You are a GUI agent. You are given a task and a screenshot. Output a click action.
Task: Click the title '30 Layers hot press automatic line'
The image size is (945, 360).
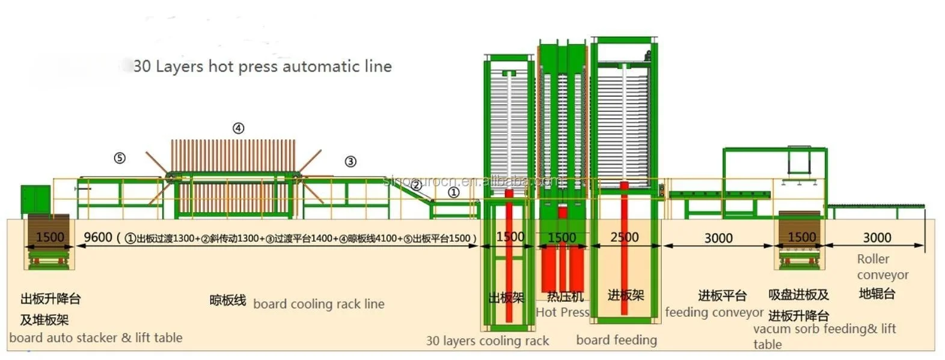click(x=263, y=66)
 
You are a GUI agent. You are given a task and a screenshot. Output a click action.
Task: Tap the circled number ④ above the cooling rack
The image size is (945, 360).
click(x=239, y=128)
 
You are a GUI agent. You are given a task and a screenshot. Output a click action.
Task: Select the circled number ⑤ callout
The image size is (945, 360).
click(x=120, y=158)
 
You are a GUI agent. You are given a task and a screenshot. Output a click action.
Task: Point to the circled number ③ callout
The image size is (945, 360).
click(x=350, y=161)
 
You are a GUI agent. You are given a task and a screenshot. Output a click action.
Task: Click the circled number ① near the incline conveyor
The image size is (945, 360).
click(x=453, y=192)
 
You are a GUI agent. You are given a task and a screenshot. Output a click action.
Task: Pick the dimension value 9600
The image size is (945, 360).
click(x=98, y=237)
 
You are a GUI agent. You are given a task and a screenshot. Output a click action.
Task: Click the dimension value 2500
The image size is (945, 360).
click(x=624, y=237)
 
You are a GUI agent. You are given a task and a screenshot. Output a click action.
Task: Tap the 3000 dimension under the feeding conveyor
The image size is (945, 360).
click(x=718, y=238)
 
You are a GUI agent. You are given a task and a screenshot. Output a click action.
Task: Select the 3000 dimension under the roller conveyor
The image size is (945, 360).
click(x=876, y=237)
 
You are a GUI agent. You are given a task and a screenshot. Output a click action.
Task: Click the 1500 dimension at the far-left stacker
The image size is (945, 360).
click(x=50, y=237)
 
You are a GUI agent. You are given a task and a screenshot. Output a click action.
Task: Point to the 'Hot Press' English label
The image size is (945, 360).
click(x=562, y=312)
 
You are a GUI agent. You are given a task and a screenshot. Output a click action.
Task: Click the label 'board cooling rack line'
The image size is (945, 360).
click(x=319, y=304)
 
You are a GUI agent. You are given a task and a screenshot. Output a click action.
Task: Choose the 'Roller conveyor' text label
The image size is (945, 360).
click(x=882, y=267)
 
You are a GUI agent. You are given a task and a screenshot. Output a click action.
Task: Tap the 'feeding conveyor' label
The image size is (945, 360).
click(x=714, y=313)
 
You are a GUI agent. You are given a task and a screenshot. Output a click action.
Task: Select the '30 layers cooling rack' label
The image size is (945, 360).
click(x=488, y=341)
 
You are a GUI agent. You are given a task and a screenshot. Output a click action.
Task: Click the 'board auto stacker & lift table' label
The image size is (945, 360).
click(x=96, y=338)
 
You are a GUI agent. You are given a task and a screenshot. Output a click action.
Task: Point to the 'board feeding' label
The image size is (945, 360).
click(x=616, y=340)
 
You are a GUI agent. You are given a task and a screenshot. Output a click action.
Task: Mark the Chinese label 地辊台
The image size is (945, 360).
click(x=876, y=294)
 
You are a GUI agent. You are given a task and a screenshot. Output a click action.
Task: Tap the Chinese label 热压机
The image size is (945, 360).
click(x=565, y=296)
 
